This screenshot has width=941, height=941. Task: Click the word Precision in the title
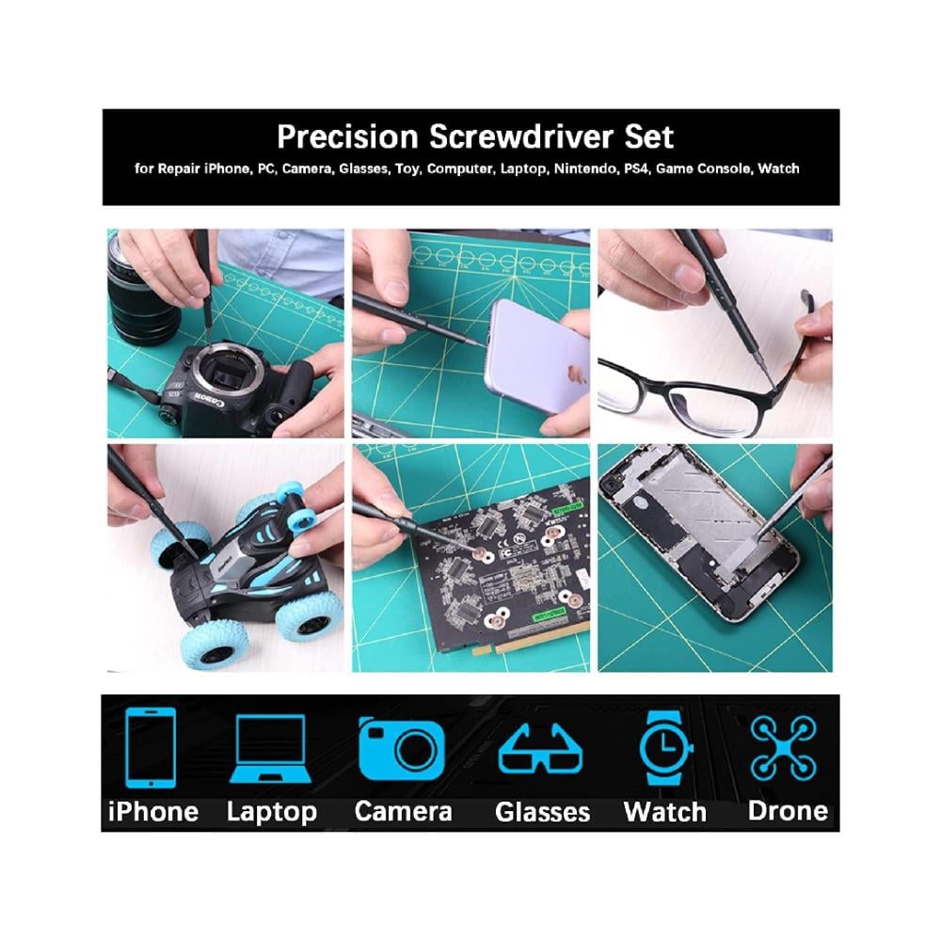click(347, 136)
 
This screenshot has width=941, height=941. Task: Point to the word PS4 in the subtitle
click(636, 168)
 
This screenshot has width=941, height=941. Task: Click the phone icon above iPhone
click(151, 747)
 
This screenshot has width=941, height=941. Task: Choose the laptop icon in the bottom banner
click(271, 749)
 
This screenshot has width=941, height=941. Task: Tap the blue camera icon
click(402, 748)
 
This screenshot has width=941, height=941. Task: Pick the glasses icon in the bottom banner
click(540, 749)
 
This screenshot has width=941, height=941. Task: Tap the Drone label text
click(788, 811)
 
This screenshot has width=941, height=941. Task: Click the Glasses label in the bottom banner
click(543, 812)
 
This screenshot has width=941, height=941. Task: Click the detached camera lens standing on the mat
click(143, 288)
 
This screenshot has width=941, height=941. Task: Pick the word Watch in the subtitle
click(778, 168)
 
